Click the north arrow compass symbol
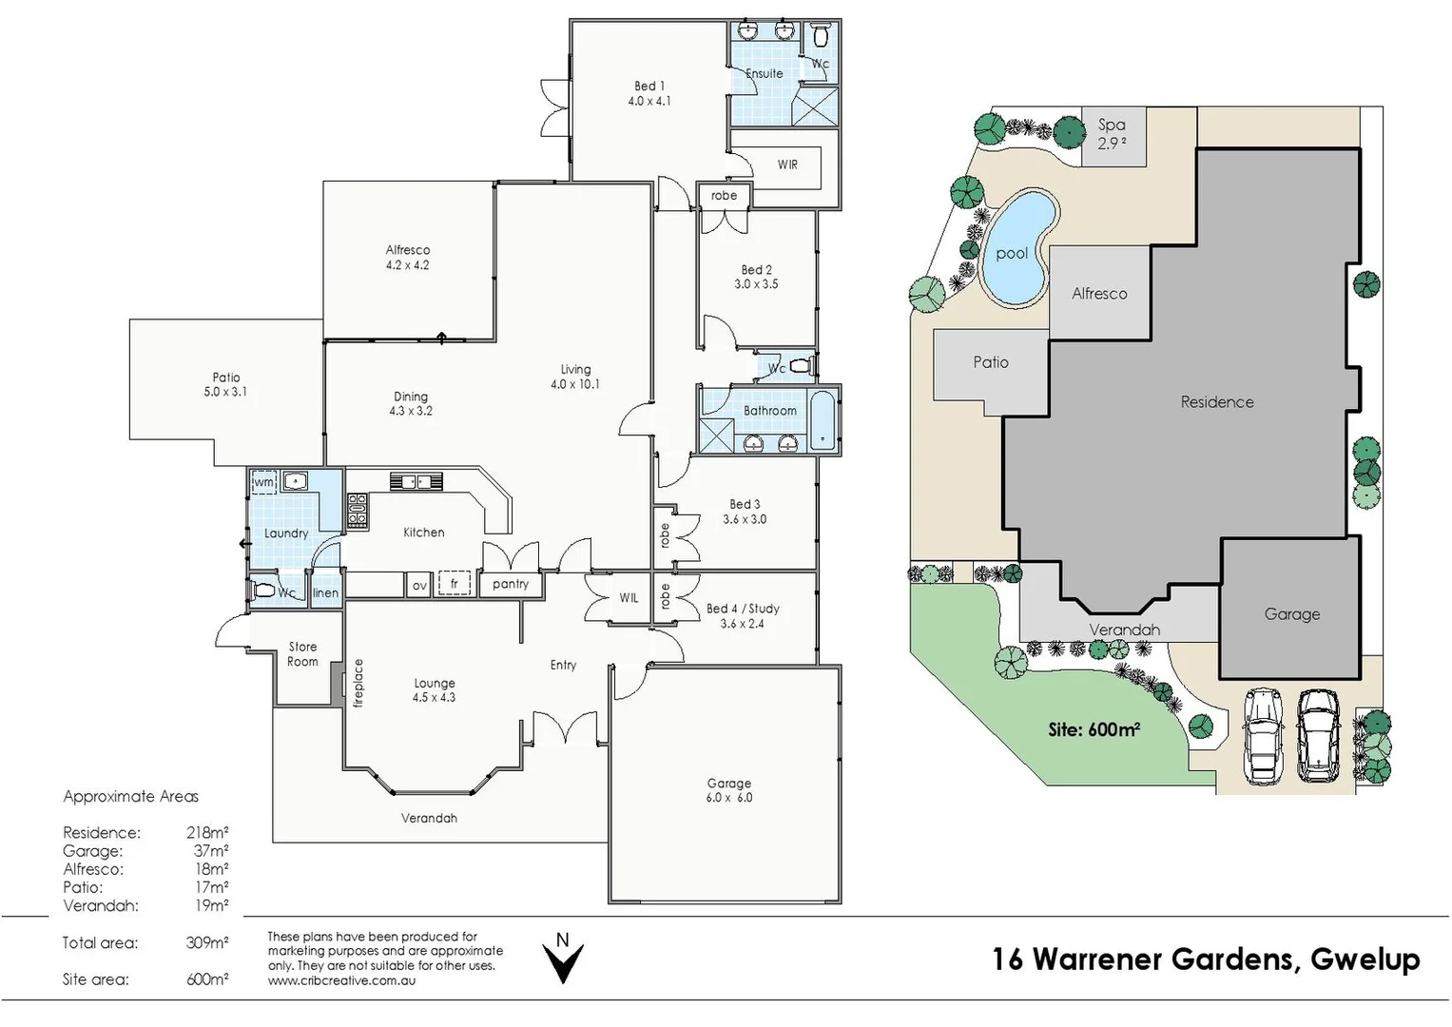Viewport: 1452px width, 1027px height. point(563,959)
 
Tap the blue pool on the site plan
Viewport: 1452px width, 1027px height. point(1016,249)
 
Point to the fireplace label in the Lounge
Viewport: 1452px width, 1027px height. point(358,683)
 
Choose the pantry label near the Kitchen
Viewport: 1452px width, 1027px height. point(511,584)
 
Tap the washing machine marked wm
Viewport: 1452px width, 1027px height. point(263,482)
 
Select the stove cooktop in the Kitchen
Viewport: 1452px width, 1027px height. point(358,511)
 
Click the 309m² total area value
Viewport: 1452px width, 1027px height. point(206,943)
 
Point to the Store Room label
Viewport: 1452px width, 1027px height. point(302,654)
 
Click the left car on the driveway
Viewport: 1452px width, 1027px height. point(1263,735)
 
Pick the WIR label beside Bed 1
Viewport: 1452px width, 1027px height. point(787,165)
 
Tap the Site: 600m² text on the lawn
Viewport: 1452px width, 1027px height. point(1094,730)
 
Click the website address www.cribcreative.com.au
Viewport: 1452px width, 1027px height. point(341,980)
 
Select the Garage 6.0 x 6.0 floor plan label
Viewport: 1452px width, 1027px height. point(728,790)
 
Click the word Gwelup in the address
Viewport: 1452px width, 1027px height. point(1365,959)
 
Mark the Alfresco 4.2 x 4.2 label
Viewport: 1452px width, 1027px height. point(407,258)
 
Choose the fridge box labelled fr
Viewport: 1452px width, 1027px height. point(455,584)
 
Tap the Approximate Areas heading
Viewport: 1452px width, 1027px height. point(130,797)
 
